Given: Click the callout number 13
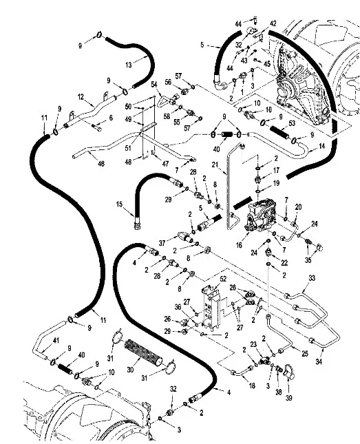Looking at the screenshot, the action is click(x=129, y=65).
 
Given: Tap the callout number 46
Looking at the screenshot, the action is click(x=101, y=163).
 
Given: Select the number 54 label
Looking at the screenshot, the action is click(x=154, y=84).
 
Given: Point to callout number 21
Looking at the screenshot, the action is click(x=215, y=165).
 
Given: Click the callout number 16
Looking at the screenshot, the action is click(x=240, y=245).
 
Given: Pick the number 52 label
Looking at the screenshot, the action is click(x=223, y=279).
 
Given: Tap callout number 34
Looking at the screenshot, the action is click(x=319, y=361).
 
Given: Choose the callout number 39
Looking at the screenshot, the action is click(x=288, y=398).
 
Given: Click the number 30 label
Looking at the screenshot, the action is click(x=130, y=370).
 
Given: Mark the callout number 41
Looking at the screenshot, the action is click(x=56, y=340).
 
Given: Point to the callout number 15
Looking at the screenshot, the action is click(x=120, y=204).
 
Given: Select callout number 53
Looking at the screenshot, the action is click(x=292, y=123).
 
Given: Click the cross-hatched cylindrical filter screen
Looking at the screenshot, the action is click(x=143, y=352).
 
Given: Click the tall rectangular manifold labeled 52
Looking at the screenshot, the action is click(x=211, y=308).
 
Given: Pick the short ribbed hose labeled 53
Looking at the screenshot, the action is click(x=279, y=133).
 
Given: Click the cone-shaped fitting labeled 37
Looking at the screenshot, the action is click(x=184, y=237).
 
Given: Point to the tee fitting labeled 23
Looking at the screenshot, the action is click(x=264, y=361).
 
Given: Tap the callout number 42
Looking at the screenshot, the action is click(x=273, y=23).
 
